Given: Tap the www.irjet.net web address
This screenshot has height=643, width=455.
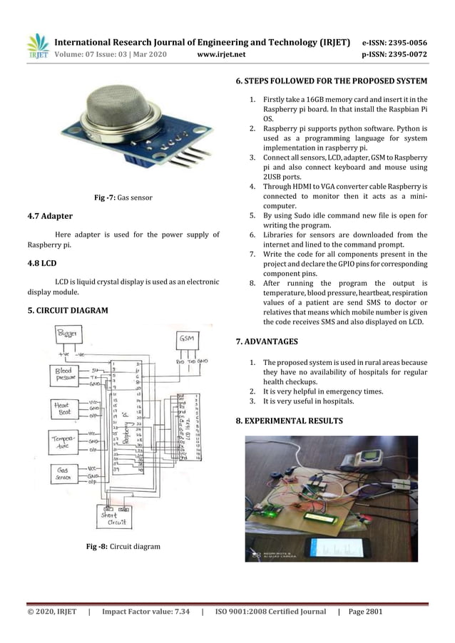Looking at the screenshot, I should [x=221, y=53].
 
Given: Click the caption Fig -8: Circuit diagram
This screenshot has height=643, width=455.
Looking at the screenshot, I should [x=123, y=546].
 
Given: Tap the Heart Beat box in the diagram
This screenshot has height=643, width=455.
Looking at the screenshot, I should [x=66, y=409].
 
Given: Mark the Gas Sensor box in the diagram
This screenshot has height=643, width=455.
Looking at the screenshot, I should [x=66, y=473].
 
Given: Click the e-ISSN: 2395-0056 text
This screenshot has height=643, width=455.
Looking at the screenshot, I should [x=395, y=43].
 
